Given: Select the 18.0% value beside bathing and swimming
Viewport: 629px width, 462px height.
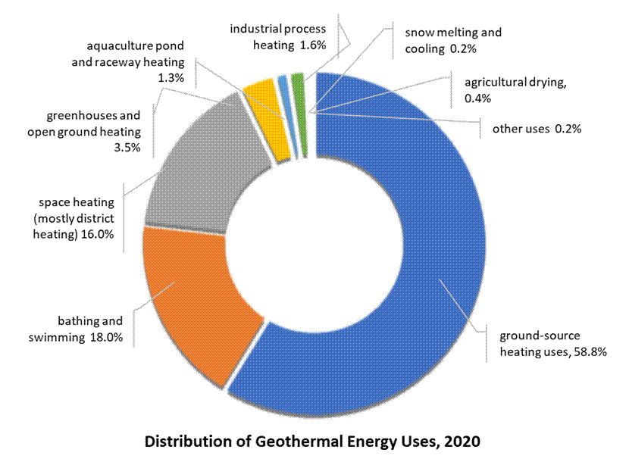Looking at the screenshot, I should [107, 336].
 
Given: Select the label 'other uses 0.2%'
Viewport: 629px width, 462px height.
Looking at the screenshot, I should [537, 129].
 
